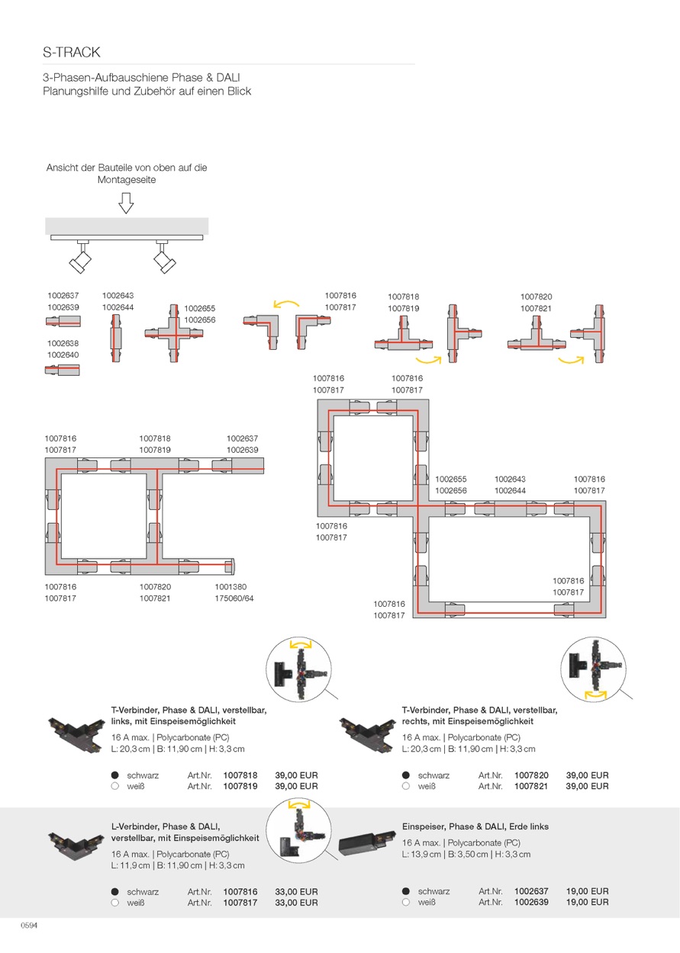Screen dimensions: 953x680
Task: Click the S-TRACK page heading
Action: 72,53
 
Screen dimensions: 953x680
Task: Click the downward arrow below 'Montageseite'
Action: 127,202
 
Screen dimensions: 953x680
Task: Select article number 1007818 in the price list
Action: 240,775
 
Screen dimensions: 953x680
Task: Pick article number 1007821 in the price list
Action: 531,786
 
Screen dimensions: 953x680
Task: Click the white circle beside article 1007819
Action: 115,786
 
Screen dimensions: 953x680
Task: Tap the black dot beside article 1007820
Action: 406,775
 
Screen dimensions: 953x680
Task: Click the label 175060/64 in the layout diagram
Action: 234,598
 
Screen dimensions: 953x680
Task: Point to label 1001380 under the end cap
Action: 230,587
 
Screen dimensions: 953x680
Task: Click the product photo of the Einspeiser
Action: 366,843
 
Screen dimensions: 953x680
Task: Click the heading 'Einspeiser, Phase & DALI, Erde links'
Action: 475,826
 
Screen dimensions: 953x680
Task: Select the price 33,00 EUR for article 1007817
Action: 296,903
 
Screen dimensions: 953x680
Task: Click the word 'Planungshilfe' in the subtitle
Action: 77,91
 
